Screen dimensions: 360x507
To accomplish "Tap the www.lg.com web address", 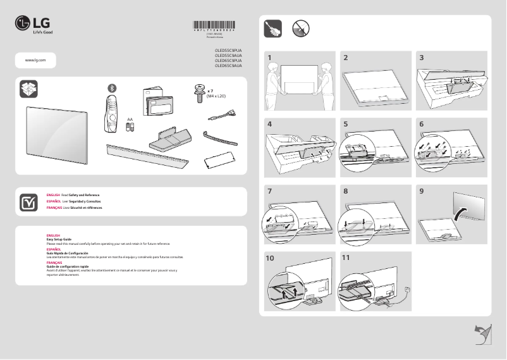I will tap(35, 59).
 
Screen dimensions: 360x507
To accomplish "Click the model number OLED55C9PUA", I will tap(228, 49).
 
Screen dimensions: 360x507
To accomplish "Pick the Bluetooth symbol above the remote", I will tap(113, 87).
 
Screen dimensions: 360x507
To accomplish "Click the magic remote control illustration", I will tap(111, 115).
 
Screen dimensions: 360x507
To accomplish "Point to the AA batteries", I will tap(130, 127).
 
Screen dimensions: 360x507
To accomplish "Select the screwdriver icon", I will tap(272, 28).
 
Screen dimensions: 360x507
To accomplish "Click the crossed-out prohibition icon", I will tap(301, 28).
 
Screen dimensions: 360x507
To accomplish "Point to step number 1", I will tap(269, 58).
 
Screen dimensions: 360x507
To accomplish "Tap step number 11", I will tap(345, 258).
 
